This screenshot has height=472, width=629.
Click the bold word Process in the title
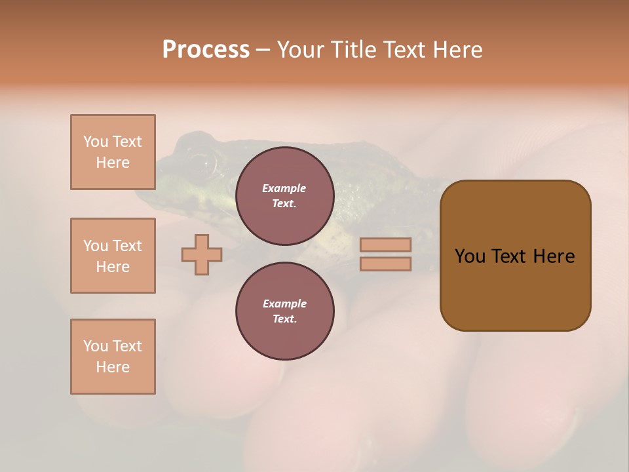coord(206,50)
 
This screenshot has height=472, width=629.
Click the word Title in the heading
coord(353,50)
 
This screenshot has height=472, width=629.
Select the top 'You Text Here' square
coord(113,152)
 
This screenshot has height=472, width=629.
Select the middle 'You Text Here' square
coord(113,256)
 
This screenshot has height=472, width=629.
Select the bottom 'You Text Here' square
coord(113,356)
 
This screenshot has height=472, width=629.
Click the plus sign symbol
coord(202,254)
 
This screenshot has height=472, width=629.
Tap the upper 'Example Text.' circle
coord(284,195)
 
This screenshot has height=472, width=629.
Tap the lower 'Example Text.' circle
coord(284,311)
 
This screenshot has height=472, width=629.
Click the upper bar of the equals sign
coord(385,245)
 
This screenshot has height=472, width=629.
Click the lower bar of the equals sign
coord(385,264)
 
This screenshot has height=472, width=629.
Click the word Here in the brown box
coord(554,256)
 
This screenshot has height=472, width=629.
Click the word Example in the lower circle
coord(284,304)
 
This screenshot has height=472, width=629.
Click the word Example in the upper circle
coord(284,188)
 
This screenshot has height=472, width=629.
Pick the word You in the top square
coord(95,142)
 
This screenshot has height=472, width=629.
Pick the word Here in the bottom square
coord(113,367)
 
